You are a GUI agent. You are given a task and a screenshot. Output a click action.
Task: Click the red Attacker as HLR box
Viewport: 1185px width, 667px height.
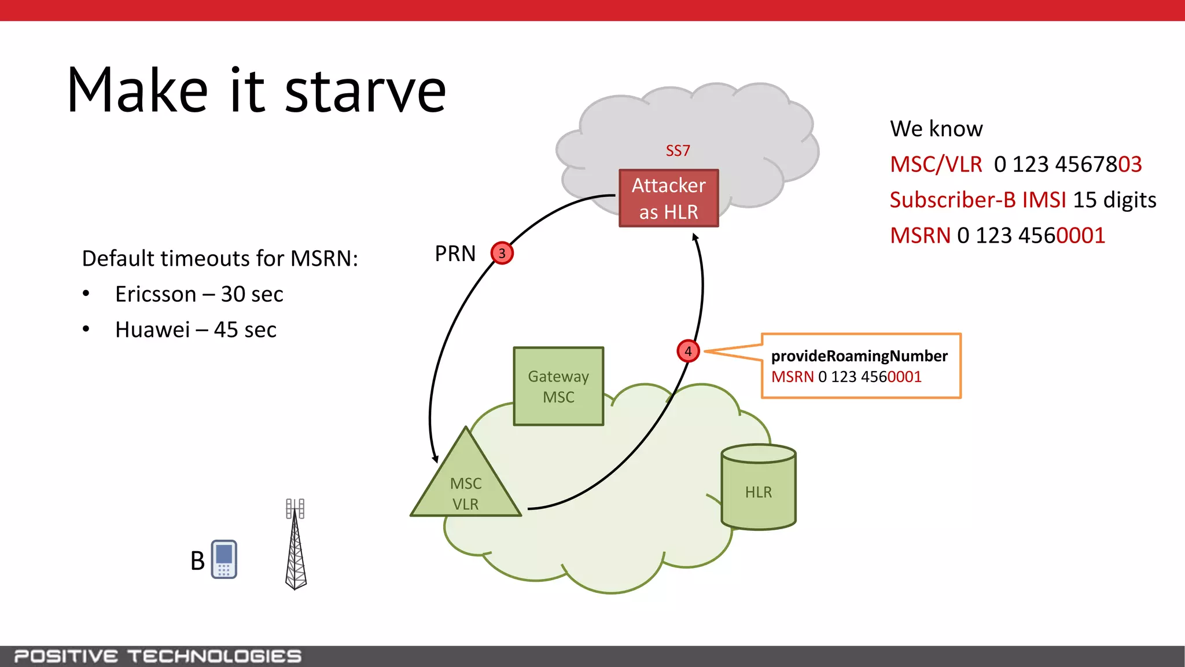(668, 198)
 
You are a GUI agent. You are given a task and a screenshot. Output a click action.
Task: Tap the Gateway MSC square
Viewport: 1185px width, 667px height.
(558, 386)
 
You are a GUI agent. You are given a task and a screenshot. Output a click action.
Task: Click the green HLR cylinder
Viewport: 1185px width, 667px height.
(759, 489)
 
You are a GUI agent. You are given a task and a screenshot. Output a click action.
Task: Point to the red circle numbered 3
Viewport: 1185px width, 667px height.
(502, 253)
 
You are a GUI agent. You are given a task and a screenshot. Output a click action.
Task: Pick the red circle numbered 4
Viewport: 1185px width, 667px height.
(688, 351)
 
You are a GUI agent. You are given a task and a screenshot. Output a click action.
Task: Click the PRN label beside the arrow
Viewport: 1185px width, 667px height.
(455, 254)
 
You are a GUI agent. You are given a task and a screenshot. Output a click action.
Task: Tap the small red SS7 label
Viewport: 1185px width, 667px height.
(678, 151)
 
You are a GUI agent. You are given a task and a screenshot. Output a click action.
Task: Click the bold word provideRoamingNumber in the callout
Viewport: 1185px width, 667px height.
(859, 356)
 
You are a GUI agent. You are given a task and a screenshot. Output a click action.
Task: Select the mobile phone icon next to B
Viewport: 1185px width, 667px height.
(224, 559)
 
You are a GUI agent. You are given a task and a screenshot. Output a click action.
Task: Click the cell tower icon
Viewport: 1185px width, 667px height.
(296, 544)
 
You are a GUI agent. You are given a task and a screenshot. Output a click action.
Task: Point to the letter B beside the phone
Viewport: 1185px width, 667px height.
(197, 560)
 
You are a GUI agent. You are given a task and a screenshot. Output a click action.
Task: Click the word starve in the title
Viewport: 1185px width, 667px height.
(365, 91)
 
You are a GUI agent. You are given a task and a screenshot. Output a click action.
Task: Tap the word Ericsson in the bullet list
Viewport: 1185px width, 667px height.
(155, 294)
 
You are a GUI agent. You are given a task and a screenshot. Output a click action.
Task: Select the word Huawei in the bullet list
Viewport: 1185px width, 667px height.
(152, 329)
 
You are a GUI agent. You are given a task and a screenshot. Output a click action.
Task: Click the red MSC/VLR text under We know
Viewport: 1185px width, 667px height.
(936, 164)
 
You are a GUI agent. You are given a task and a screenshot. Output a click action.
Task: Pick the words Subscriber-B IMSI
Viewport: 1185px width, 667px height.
(977, 200)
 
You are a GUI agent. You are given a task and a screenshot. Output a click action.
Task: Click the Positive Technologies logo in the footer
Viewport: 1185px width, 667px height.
(157, 656)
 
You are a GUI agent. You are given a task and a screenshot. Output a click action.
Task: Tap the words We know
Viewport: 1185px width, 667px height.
(936, 129)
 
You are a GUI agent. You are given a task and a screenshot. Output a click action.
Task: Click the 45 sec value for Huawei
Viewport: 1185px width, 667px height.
(245, 329)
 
